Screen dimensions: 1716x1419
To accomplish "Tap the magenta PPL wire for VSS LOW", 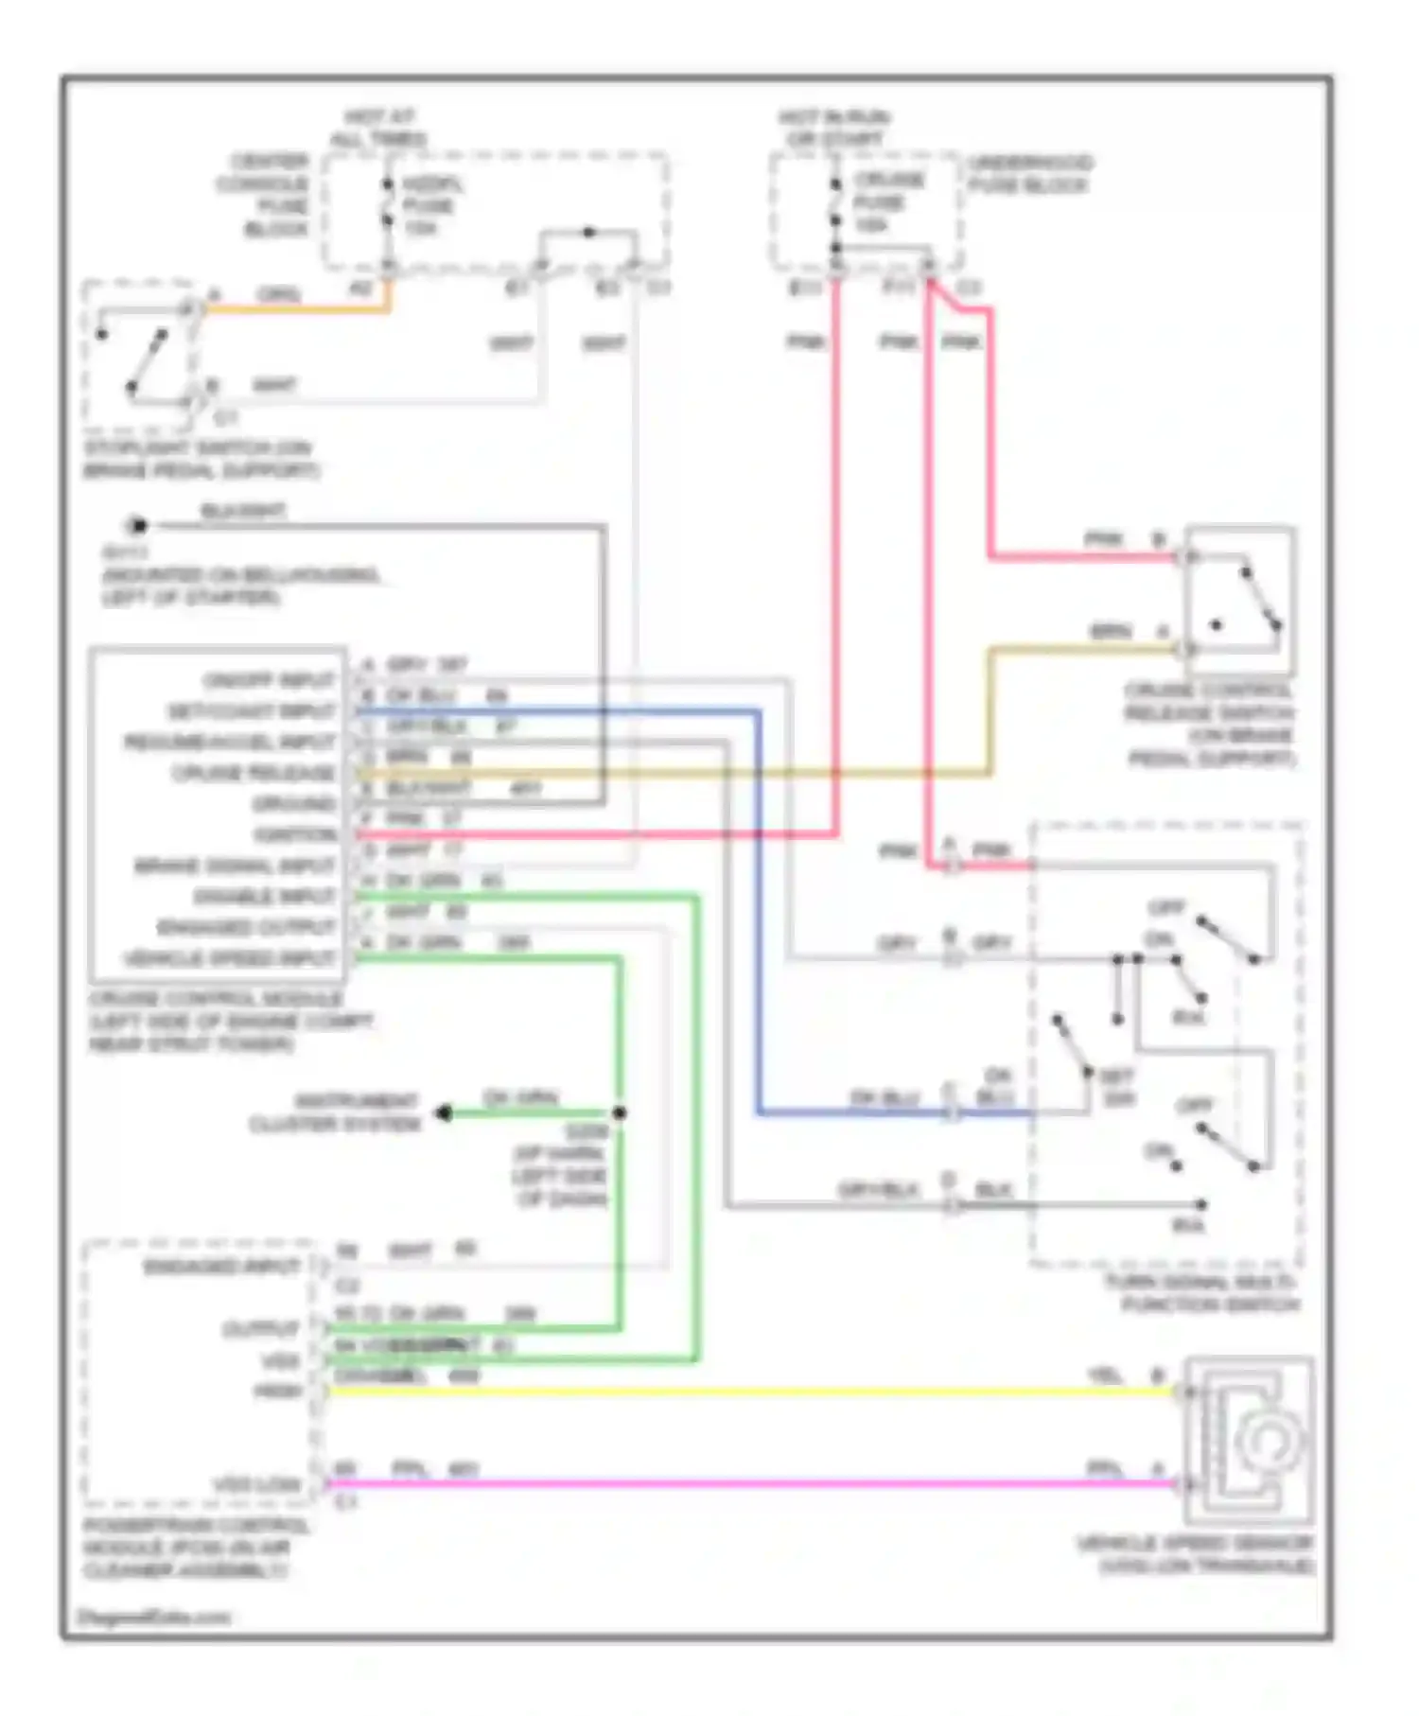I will (x=738, y=1484).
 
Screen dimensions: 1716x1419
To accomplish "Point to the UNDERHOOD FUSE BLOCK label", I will (x=1029, y=174).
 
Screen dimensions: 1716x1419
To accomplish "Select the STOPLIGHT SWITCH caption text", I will (x=201, y=459).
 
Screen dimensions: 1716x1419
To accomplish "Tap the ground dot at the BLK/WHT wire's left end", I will (x=138, y=526).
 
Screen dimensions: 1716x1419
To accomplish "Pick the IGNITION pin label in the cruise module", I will (x=295, y=834).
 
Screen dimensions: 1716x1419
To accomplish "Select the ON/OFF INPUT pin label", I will (x=269, y=680).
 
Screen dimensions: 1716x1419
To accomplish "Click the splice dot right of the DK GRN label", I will (x=620, y=1113).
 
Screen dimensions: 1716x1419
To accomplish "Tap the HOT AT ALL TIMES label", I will (x=378, y=128).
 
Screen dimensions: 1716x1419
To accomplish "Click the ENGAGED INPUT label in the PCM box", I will (x=221, y=1266).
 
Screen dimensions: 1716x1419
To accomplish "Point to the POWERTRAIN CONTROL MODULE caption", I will (x=195, y=1548).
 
